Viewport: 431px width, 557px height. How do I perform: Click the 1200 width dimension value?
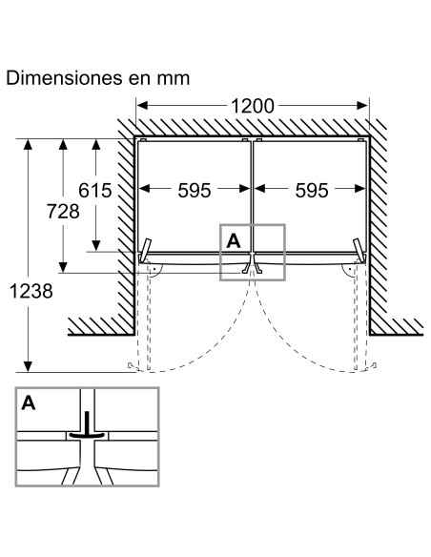tap(253, 106)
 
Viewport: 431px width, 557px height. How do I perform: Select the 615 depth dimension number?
tap(94, 191)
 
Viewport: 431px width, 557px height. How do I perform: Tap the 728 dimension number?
tap(63, 212)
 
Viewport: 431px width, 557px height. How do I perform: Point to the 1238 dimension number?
tap(31, 291)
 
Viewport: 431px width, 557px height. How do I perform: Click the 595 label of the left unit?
tap(195, 191)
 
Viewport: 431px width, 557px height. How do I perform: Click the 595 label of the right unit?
tap(312, 191)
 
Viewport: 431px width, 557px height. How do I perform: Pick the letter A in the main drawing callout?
tap(234, 241)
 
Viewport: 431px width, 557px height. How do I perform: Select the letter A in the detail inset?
tap(29, 403)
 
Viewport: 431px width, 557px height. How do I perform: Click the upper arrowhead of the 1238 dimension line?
tap(28, 145)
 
